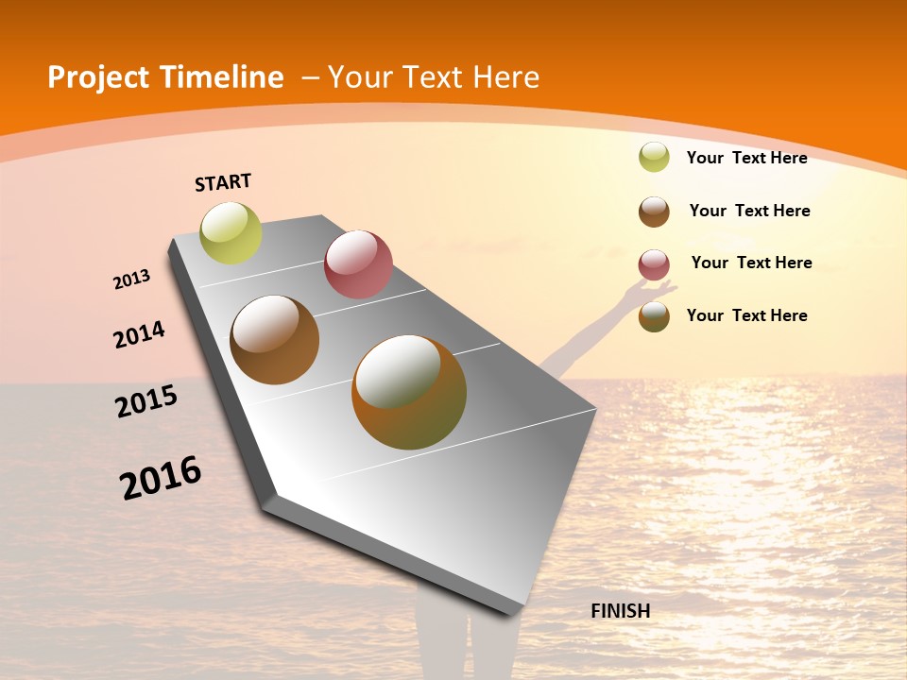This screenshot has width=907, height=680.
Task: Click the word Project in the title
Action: (98, 77)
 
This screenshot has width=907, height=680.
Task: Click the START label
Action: (223, 182)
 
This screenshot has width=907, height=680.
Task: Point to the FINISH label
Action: (621, 611)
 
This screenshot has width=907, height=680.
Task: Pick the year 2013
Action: (132, 280)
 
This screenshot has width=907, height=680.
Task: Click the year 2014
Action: (140, 334)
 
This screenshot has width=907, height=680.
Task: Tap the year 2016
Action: (161, 478)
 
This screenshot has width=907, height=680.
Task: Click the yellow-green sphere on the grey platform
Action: (231, 232)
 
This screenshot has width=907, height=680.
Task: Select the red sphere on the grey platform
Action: (358, 264)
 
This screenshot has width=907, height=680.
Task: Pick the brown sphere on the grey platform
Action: (275, 340)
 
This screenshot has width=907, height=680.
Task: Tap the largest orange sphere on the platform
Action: (409, 392)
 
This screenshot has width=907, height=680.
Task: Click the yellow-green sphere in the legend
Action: (654, 157)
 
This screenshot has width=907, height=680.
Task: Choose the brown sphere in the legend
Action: (654, 212)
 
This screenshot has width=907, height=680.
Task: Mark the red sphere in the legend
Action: (654, 264)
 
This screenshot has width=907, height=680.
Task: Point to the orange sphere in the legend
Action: (654, 316)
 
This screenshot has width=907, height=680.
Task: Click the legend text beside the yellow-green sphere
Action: (746, 158)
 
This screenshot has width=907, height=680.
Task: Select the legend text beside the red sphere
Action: (751, 263)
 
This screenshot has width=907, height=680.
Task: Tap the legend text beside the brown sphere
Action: (749, 211)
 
